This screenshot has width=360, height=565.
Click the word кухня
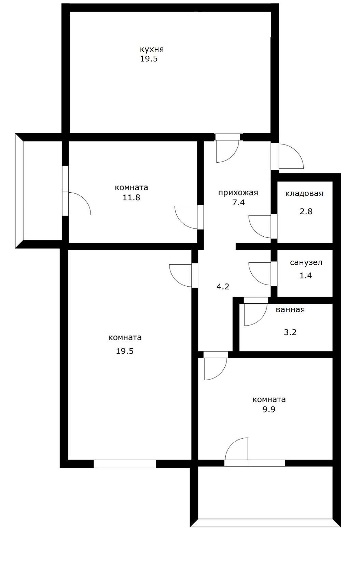pyautogui.click(x=152, y=50)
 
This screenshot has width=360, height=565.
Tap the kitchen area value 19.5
pyautogui.click(x=149, y=59)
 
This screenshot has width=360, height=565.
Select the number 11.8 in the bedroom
pyautogui.click(x=131, y=197)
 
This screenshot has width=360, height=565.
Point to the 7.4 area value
pyautogui.click(x=238, y=203)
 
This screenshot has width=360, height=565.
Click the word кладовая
pyautogui.click(x=304, y=194)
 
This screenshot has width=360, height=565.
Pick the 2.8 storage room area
pyautogui.click(x=306, y=211)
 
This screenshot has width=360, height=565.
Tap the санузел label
pyautogui.click(x=306, y=263)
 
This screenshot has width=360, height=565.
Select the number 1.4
pyautogui.click(x=306, y=275)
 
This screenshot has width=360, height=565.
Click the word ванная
pyautogui.click(x=290, y=310)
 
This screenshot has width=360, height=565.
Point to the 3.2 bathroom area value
pyautogui.click(x=290, y=332)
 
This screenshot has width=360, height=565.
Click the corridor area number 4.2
pyautogui.click(x=223, y=286)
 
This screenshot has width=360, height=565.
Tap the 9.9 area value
pyautogui.click(x=269, y=409)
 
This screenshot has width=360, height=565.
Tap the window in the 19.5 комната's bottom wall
pyautogui.click(x=125, y=464)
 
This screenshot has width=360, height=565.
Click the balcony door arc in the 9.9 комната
pyautogui.click(x=237, y=449)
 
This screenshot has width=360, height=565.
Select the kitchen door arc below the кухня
pyautogui.click(x=227, y=151)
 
